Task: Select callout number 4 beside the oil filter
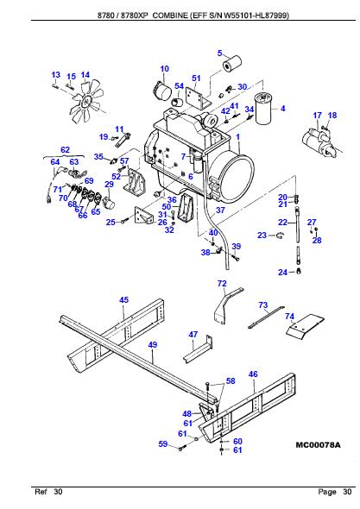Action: [281, 108]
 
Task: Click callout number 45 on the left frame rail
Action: [123, 299]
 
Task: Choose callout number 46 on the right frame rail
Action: [253, 374]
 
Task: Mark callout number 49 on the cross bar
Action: [152, 345]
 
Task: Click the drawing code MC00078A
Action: [318, 445]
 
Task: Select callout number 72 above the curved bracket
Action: [222, 284]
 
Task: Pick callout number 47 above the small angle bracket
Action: [193, 334]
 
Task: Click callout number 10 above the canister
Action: [164, 69]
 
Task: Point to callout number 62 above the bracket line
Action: [65, 150]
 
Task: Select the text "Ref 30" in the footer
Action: [48, 491]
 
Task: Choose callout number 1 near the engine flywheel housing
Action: [237, 137]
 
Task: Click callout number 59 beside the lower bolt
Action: [161, 444]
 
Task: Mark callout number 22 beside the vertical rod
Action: [282, 222]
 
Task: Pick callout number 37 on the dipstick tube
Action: [219, 209]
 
